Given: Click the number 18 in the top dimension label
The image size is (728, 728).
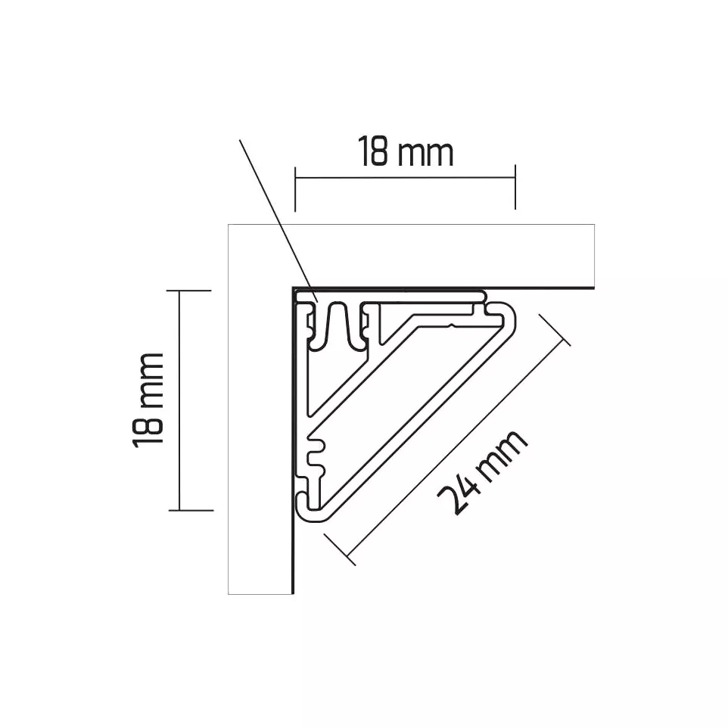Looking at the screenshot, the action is [x=373, y=152].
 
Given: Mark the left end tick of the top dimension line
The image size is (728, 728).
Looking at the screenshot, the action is [x=295, y=188].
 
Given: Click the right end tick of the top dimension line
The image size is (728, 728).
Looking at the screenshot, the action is [x=515, y=187].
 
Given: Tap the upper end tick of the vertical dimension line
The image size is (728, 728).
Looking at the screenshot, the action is [x=189, y=291].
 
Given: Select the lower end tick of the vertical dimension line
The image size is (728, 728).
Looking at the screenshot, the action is [x=191, y=510].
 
